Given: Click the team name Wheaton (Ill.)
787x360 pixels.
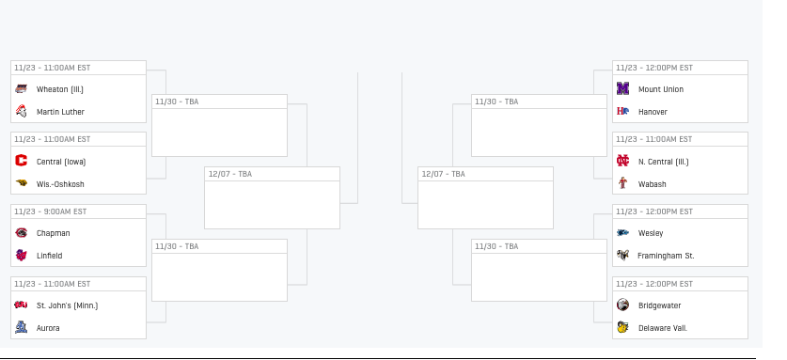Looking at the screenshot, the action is click(60, 89).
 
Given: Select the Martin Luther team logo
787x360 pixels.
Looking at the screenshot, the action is click(21, 112).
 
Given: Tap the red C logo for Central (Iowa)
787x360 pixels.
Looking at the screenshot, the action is click(21, 161).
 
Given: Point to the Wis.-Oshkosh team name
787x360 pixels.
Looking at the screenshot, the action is click(60, 184).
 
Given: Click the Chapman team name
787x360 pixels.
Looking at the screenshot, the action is click(54, 233).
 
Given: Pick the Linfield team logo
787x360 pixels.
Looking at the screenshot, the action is click(21, 255).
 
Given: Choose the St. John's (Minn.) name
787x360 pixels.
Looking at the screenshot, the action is click(68, 305).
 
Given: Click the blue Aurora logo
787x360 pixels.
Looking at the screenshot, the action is click(21, 327).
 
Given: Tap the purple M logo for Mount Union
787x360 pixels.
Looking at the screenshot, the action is click(622, 88).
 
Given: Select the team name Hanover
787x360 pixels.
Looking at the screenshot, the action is click(653, 112).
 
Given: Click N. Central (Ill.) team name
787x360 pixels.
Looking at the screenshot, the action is click(664, 162).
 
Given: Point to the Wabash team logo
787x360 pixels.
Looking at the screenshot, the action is click(622, 182).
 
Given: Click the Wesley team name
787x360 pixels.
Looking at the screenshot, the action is click(651, 233).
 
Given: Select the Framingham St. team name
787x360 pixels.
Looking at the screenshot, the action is click(666, 256).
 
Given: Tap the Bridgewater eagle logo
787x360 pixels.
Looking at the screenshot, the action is click(622, 305).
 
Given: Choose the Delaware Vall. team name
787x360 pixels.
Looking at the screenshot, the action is click(663, 328).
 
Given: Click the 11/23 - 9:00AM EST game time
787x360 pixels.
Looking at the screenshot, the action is click(50, 211).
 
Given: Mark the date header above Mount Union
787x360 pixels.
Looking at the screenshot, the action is click(654, 68).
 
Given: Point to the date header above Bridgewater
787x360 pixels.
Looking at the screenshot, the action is click(654, 284).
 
